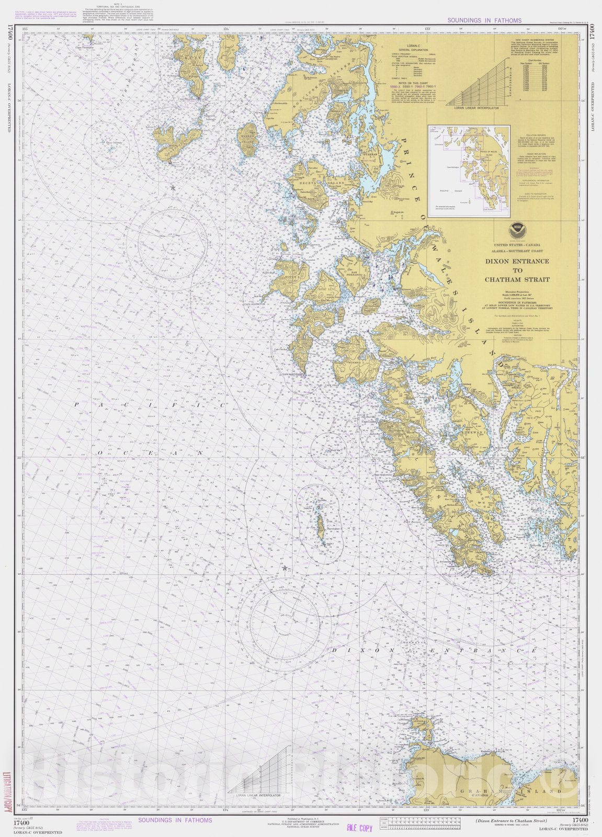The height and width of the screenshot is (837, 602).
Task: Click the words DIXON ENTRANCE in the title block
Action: point(517,261)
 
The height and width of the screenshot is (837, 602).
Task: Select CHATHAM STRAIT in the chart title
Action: point(517,279)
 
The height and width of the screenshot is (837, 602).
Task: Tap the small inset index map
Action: point(469,171)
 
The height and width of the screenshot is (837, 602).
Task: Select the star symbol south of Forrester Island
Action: point(285,568)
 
